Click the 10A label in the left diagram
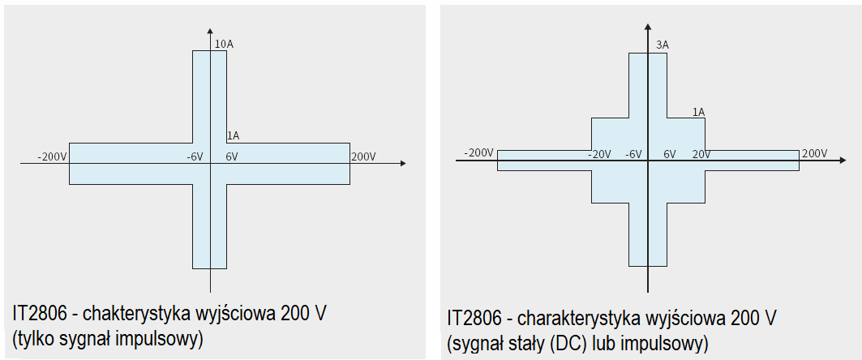pos(224,44)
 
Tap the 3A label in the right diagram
pos(662,45)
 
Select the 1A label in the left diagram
pos(232,135)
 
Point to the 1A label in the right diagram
pos(698,112)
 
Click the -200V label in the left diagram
pos(52,156)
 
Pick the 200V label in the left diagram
pos(363,156)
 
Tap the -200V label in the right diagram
pos(478,153)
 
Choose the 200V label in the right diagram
pos(814,153)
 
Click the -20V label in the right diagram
pos(600,154)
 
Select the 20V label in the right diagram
pos(701,154)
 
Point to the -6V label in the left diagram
pos(195,156)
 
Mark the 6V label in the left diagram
pos(232,156)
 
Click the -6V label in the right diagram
pos(633,154)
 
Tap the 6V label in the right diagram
pos(670,154)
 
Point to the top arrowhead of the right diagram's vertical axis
pos(648,31)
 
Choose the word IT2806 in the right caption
pos(473,318)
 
